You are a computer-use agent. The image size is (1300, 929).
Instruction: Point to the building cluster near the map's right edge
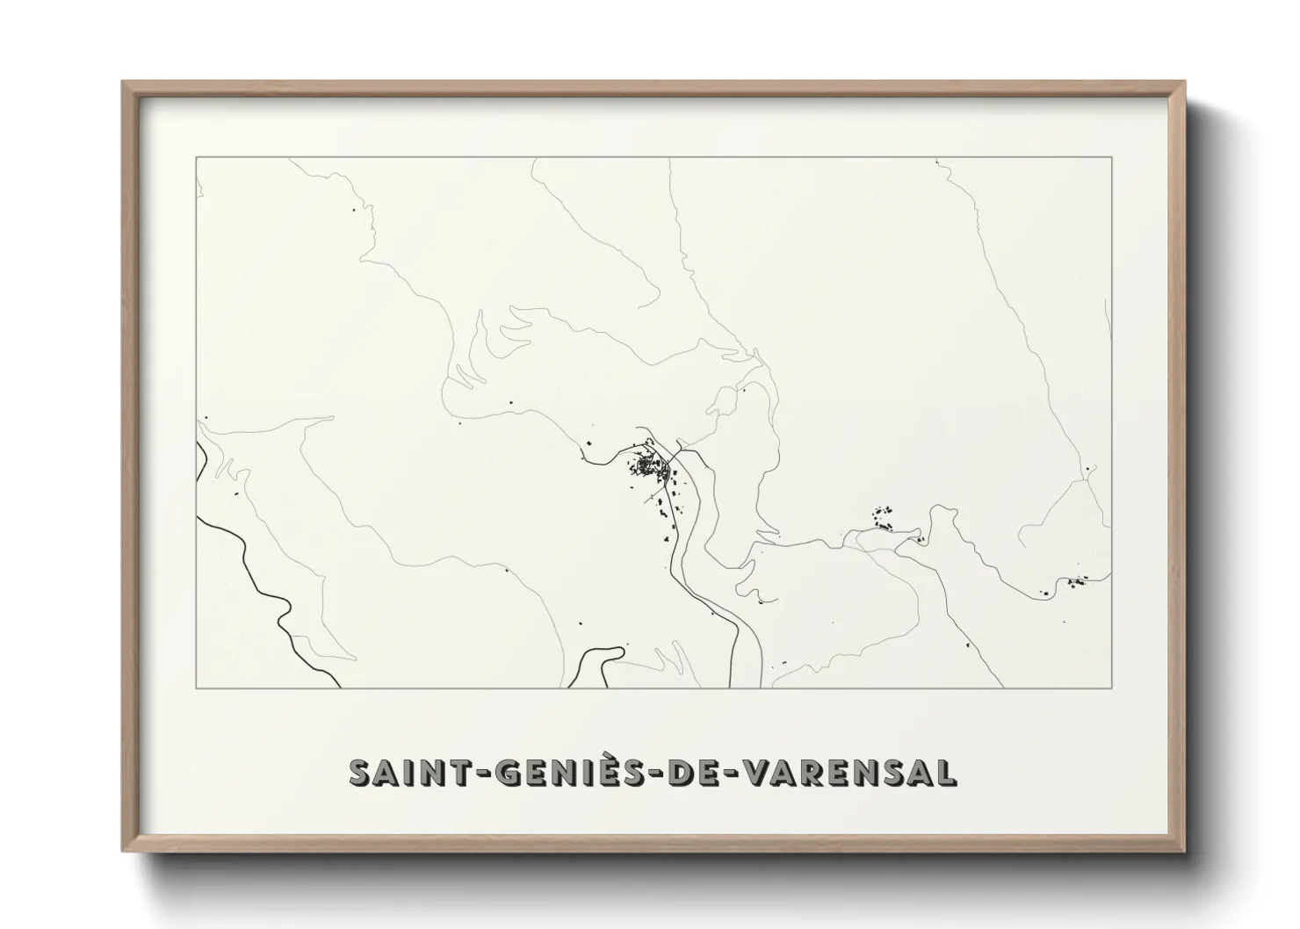1073,582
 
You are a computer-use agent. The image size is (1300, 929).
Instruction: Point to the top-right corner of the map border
1112,157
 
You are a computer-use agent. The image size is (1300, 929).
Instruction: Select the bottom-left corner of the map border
196,688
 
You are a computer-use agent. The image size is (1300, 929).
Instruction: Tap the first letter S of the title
359,773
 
